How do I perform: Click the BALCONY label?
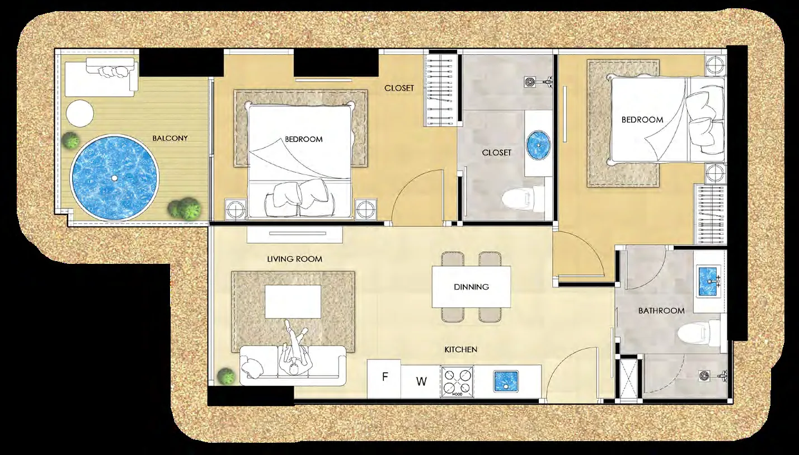click(170, 138)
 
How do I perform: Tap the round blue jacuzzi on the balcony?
click(115, 177)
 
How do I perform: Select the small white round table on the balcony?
click(80, 113)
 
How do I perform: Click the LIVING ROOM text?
click(295, 259)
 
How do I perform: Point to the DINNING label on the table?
click(471, 287)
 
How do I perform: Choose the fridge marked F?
click(384, 378)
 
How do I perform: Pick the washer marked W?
click(421, 381)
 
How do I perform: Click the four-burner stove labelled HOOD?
click(457, 381)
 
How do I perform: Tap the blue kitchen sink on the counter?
click(506, 381)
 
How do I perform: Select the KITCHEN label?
click(460, 349)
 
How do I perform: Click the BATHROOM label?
click(661, 311)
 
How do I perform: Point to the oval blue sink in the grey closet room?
click(539, 145)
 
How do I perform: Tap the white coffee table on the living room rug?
click(293, 301)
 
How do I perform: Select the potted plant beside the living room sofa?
click(226, 375)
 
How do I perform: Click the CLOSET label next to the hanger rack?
click(399, 88)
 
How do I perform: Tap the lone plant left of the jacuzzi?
click(70, 140)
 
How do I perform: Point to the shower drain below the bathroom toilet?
click(704, 376)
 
